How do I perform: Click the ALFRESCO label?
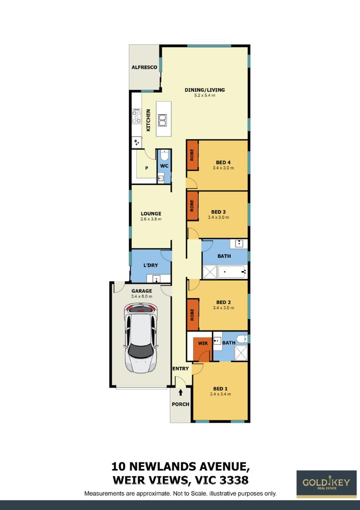pyautogui.click(x=144, y=68)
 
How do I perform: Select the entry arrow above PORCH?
pyautogui.click(x=181, y=392)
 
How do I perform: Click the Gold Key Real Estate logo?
pyautogui.click(x=326, y=484)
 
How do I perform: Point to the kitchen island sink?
pyautogui.click(x=163, y=120)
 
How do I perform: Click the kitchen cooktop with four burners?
pyautogui.click(x=137, y=117)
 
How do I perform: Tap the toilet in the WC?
pyautogui.click(x=164, y=155)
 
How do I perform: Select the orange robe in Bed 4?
pyautogui.click(x=193, y=155)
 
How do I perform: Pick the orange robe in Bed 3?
pyautogui.click(x=193, y=205)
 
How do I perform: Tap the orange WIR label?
pyautogui.click(x=203, y=343)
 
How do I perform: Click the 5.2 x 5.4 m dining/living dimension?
pyautogui.click(x=205, y=95)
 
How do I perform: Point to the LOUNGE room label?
pyautogui.click(x=151, y=214)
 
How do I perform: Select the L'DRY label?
pyautogui.click(x=151, y=265)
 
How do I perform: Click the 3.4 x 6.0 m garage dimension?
pyautogui.click(x=142, y=296)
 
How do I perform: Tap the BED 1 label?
pyautogui.click(x=220, y=389)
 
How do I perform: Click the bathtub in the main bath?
pyautogui.click(x=231, y=272)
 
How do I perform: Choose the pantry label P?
pyautogui.click(x=147, y=168)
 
